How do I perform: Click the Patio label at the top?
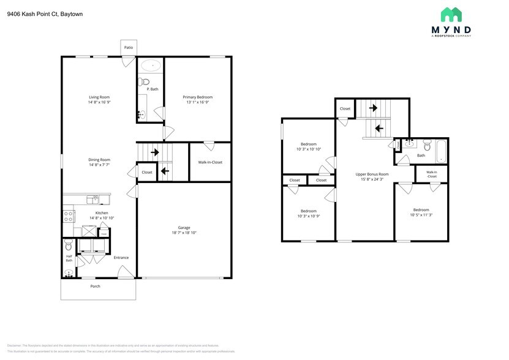[x=129, y=47]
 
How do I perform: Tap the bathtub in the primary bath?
[x=150, y=65]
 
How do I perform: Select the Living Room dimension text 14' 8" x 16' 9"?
[x=99, y=102]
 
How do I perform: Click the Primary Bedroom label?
[x=198, y=97]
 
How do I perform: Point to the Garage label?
[x=184, y=227]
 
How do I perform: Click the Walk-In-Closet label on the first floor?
[x=210, y=162]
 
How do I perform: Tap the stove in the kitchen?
[x=68, y=216]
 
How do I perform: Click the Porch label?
[x=95, y=286]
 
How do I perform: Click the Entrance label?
[x=121, y=257]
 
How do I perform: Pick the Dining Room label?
[x=99, y=159]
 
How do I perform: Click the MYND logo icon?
[x=451, y=15]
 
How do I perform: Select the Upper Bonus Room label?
[x=372, y=174]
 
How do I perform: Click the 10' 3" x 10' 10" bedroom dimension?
[x=309, y=149]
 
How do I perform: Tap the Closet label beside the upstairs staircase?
[x=345, y=108]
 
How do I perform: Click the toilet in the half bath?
[x=68, y=247]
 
